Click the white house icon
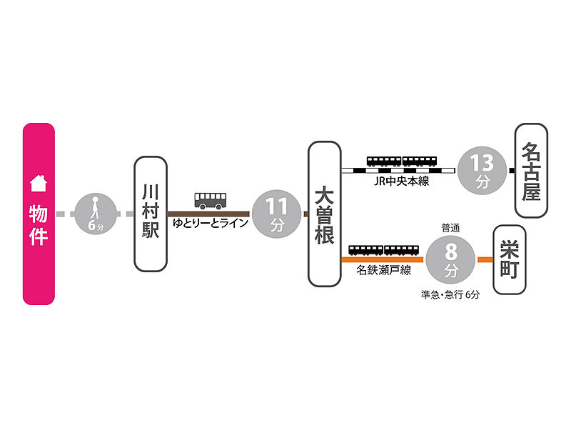coord(39,184)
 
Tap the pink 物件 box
coord(39,214)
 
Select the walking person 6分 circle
coord(96,214)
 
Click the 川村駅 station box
coord(150,214)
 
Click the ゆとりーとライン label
coord(211,224)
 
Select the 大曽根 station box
coord(324,214)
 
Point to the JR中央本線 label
coord(401,181)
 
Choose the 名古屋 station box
coord(531,171)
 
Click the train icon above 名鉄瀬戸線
coord(383,249)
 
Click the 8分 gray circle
coord(450,259)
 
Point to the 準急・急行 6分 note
coord(450,294)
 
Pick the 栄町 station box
coord(509,259)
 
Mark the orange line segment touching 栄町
coord(485,259)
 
